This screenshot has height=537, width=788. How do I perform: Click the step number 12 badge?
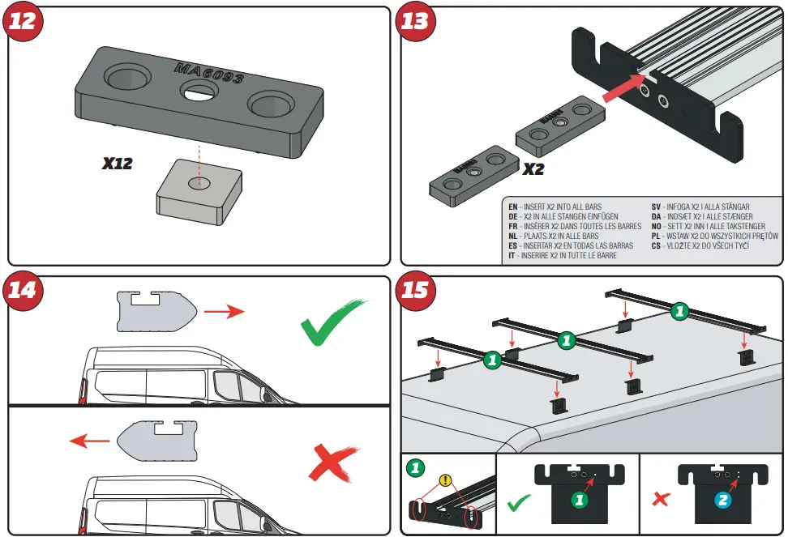click(x=23, y=20)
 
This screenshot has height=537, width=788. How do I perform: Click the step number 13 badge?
click(x=414, y=20)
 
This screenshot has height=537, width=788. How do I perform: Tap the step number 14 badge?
click(x=23, y=289)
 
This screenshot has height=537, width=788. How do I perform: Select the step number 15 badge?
click(x=414, y=289)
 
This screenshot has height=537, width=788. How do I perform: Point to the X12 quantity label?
click(x=117, y=164)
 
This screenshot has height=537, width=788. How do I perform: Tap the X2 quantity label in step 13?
click(x=533, y=170)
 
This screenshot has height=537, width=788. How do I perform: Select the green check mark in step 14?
click(x=332, y=323)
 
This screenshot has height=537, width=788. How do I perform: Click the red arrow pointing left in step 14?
click(x=89, y=441)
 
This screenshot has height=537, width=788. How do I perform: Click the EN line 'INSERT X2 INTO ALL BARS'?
click(x=567, y=207)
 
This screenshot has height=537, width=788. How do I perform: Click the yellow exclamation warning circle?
click(x=445, y=481)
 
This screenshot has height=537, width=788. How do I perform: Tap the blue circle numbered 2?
click(x=721, y=501)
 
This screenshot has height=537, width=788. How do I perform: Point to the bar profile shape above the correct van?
click(x=154, y=312)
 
